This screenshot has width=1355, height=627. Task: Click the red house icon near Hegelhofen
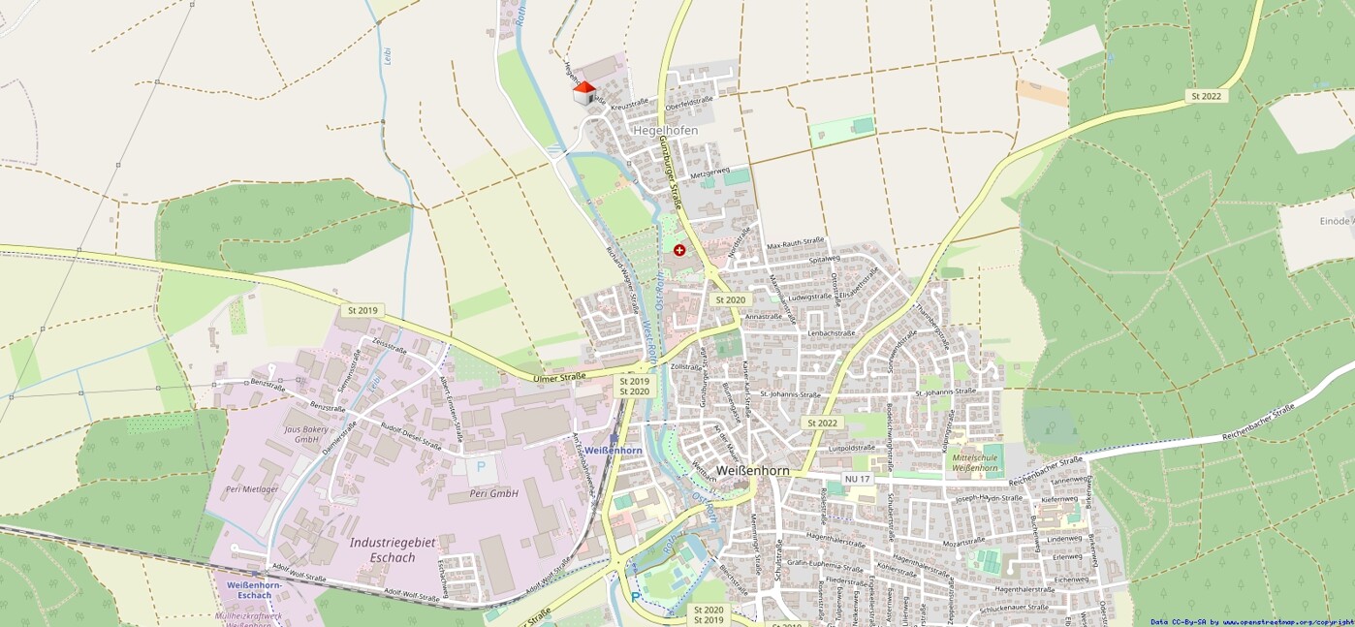[583, 93]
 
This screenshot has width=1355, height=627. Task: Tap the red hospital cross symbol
[679, 250]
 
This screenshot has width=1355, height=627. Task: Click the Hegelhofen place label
[665, 130]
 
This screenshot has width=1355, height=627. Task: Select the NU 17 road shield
[857, 479]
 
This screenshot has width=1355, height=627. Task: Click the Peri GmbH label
[493, 493]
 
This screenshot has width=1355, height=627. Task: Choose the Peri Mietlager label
[252, 489]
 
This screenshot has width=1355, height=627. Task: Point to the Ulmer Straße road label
[561, 377]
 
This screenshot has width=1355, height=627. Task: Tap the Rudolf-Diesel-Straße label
[411, 439]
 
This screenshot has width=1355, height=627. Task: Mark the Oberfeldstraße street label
[689, 99]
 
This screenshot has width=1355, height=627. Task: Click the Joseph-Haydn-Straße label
[989, 498]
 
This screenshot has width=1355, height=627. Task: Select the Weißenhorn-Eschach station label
[254, 590]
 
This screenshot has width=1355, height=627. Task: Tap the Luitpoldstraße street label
[852, 448]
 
